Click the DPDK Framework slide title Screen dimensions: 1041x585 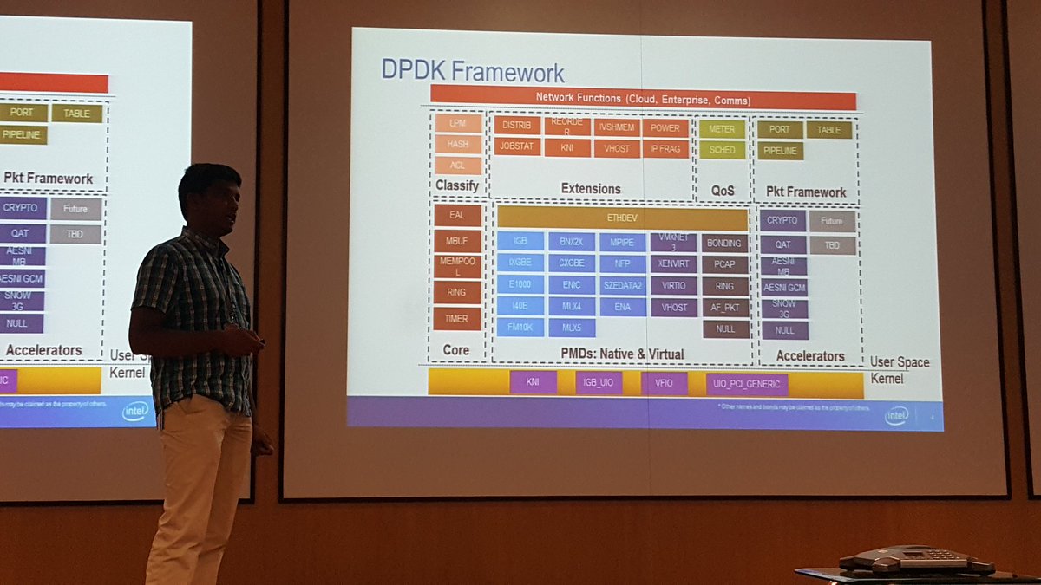pyautogui.click(x=473, y=70)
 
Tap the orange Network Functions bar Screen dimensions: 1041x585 pyautogui.click(x=643, y=98)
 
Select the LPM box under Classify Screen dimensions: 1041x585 pyautogui.click(x=458, y=124)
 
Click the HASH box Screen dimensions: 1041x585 pyautogui.click(x=458, y=145)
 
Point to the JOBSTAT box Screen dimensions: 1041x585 pyautogui.click(x=518, y=147)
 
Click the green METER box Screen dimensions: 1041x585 pyautogui.click(x=722, y=129)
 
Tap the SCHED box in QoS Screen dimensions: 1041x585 pyautogui.click(x=722, y=150)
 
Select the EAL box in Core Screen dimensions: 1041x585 pyautogui.click(x=456, y=216)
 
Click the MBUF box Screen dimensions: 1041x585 pyautogui.click(x=456, y=241)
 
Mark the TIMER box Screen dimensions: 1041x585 pyautogui.click(x=456, y=319)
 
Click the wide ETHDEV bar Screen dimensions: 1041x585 pyautogui.click(x=621, y=218)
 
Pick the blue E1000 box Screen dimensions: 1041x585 pyautogui.click(x=520, y=284)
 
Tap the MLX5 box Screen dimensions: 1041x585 pyautogui.click(x=571, y=328)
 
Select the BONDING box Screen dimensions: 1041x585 pyautogui.click(x=725, y=244)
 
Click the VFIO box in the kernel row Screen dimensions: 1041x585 pyautogui.click(x=664, y=383)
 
